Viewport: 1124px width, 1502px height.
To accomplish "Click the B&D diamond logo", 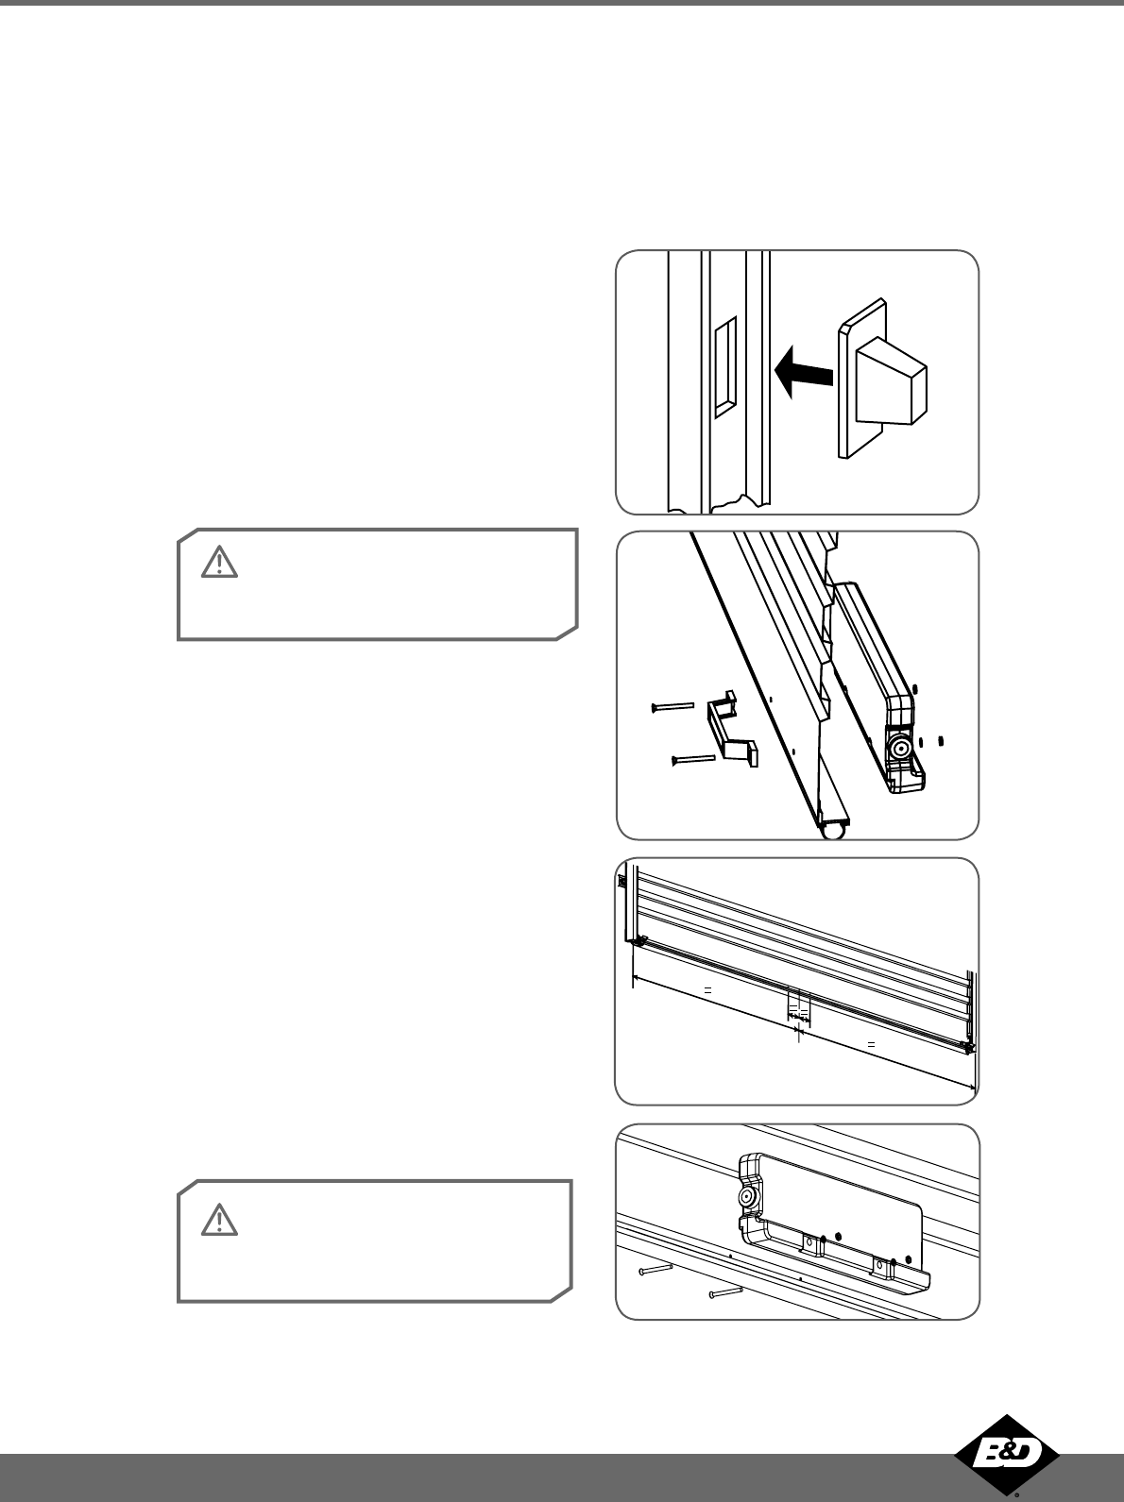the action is (1007, 1453).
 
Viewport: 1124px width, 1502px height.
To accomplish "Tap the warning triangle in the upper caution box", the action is (219, 562).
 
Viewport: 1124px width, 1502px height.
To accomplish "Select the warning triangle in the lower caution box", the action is (219, 1220).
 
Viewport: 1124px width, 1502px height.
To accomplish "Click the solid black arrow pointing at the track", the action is (803, 372).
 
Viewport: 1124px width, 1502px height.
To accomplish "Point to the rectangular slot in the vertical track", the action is (725, 367).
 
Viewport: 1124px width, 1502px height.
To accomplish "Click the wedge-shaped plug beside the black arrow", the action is (882, 379).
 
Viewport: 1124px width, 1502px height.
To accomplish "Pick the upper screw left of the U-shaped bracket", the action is (673, 707).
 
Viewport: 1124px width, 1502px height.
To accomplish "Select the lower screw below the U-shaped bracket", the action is (693, 760).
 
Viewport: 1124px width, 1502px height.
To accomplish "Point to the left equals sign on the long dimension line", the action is (708, 990).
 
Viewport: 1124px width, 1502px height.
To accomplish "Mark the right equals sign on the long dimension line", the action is (872, 1045).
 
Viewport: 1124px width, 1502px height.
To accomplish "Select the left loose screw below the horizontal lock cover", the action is (656, 1270).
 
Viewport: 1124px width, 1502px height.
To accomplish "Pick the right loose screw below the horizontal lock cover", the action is (726, 1292).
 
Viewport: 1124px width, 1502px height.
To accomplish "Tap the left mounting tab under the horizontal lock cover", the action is (813, 1244).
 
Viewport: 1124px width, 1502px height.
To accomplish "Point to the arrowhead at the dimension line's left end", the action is (637, 979).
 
